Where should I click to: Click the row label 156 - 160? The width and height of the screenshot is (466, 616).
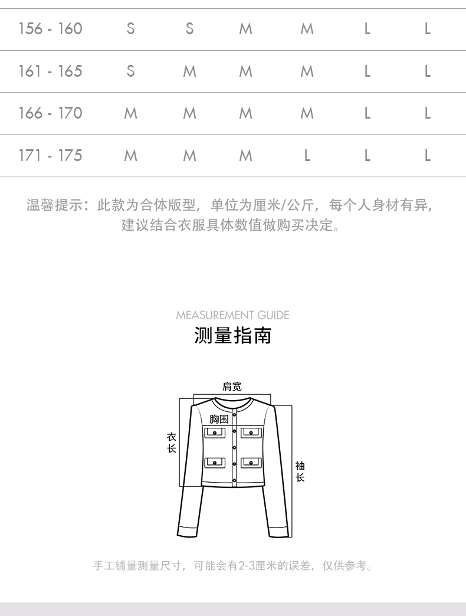pos(50,28)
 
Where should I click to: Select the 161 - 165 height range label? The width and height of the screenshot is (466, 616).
pos(50,71)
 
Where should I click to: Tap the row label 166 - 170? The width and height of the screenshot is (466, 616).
pos(50,113)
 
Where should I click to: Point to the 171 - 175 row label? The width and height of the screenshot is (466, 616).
pos(50,156)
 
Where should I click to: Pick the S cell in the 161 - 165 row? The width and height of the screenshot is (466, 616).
pos(130,71)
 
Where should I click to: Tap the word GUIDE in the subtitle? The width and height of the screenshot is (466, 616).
pos(273,315)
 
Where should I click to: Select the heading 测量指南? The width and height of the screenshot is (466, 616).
pos(233,336)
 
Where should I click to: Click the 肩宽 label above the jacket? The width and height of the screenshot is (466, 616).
pos(232,387)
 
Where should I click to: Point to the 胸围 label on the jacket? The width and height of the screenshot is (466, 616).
pos(219,419)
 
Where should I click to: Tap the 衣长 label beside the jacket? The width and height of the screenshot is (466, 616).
pos(171,443)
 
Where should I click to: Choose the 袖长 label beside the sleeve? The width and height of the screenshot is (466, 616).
pos(300,472)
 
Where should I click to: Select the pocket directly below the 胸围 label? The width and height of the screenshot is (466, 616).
pos(215,433)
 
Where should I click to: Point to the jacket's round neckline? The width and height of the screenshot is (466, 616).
pos(232,404)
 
